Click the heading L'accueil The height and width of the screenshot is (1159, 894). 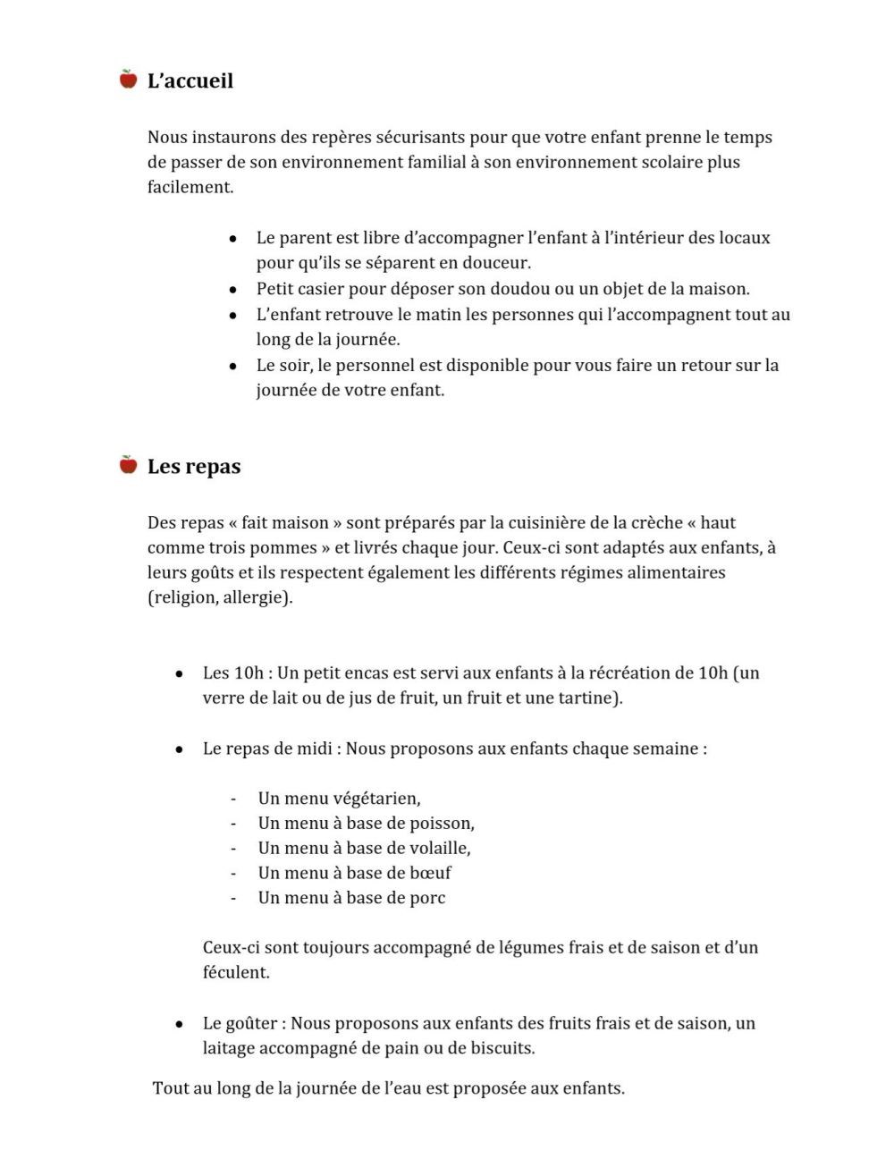190,81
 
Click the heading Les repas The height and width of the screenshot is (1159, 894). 193,467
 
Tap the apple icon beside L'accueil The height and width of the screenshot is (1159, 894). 129,80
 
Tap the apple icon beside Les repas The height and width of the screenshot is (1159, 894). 129,465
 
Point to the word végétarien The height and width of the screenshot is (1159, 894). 375,799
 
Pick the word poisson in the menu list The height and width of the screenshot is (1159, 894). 441,824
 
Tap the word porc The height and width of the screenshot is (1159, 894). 427,898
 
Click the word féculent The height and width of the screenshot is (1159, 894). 235,973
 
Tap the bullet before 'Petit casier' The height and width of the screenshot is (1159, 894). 233,291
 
